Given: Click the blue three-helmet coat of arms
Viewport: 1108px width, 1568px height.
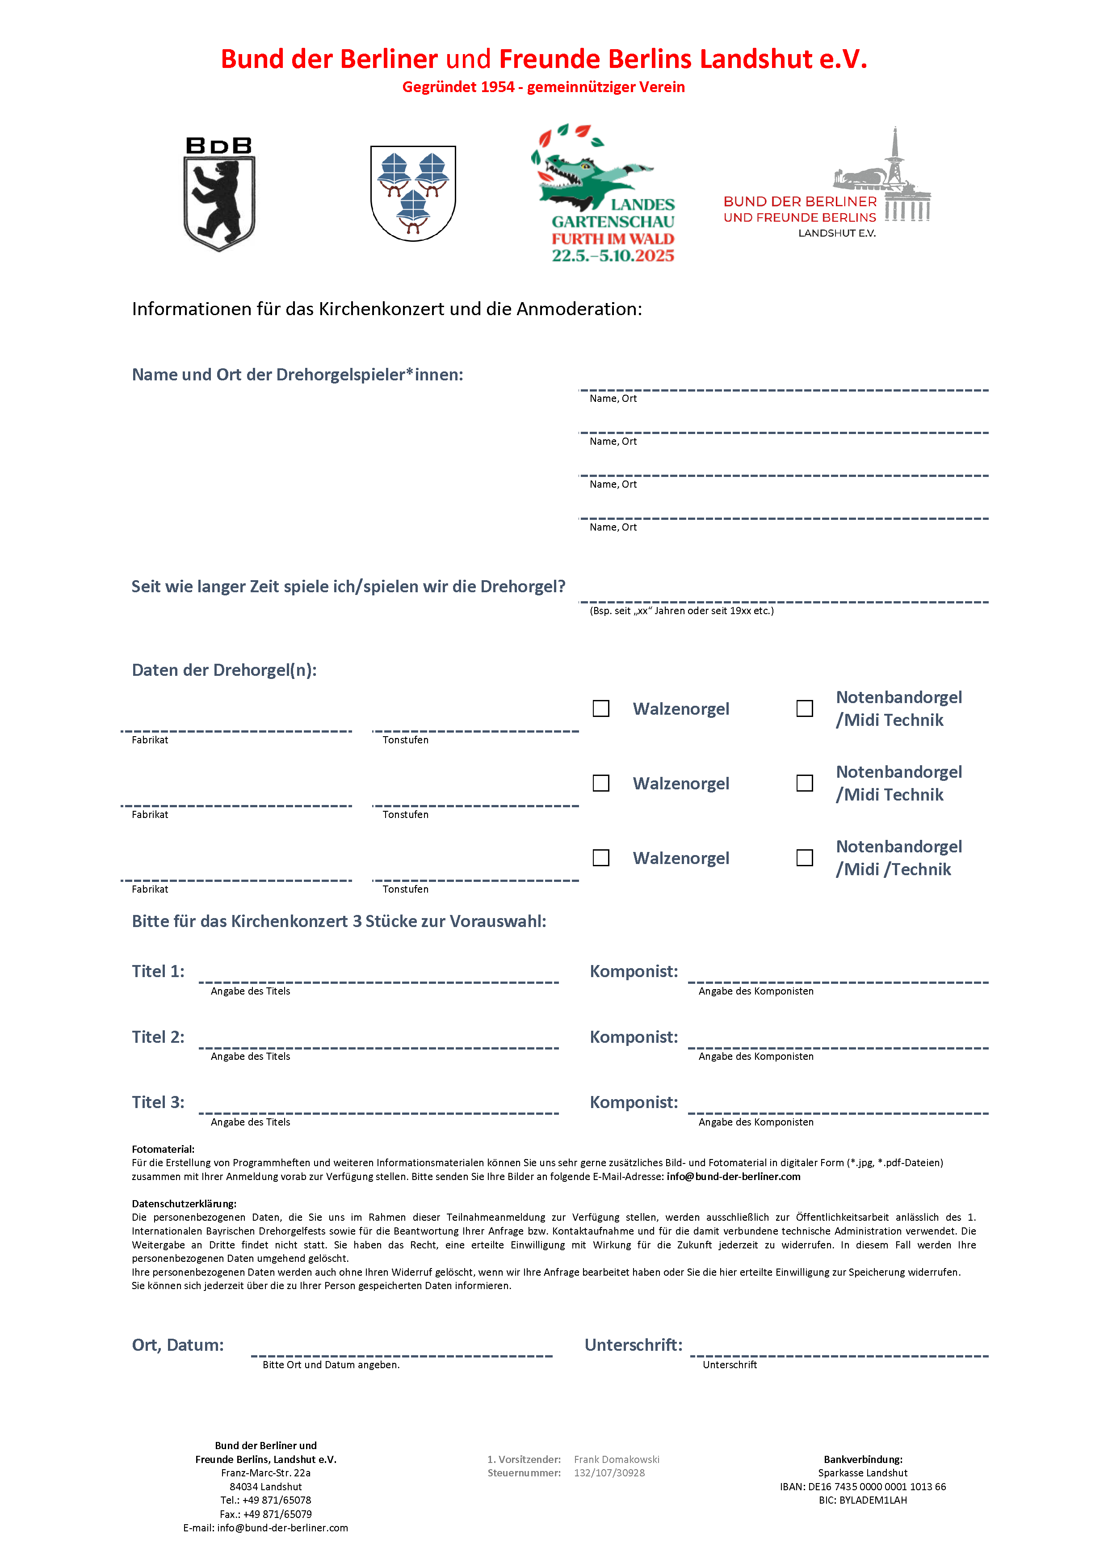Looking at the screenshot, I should tap(413, 193).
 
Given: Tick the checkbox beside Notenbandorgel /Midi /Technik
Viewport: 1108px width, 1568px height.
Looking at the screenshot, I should tap(805, 858).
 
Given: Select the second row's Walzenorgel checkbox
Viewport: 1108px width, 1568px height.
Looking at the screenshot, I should tap(601, 783).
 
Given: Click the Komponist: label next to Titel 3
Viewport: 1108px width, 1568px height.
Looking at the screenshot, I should tap(634, 1102).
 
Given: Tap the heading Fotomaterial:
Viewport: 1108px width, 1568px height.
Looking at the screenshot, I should tap(163, 1149).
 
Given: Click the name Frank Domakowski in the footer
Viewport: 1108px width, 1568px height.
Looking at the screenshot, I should tap(617, 1459).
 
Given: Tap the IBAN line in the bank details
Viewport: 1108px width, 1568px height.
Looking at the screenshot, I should tap(863, 1487).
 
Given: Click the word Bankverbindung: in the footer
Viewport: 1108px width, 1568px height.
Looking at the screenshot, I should tap(863, 1459).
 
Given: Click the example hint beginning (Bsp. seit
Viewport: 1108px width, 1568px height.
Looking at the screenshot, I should tap(681, 611).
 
